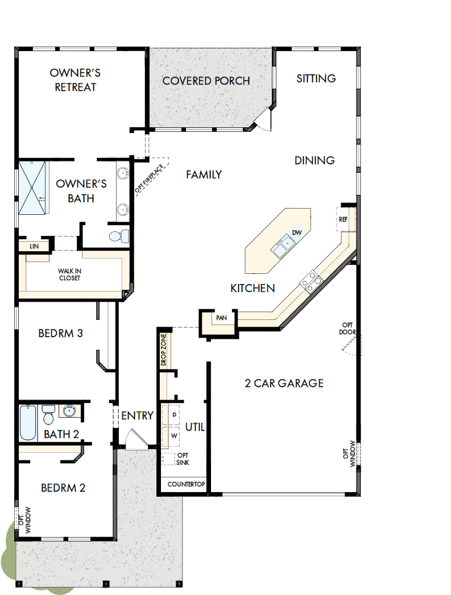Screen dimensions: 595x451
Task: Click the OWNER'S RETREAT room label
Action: [75, 80]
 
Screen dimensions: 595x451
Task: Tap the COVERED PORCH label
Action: [206, 81]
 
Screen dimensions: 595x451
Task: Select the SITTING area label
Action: [316, 78]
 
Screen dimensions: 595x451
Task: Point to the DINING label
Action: [315, 160]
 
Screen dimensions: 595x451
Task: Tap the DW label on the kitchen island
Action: [296, 232]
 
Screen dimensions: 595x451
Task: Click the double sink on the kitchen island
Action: [282, 246]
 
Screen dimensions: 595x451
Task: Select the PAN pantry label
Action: [222, 318]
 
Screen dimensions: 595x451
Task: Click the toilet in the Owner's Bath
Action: [118, 235]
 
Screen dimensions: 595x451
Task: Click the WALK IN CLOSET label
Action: [69, 275]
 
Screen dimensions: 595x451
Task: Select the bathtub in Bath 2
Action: [28, 422]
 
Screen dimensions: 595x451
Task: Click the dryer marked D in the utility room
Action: [173, 414]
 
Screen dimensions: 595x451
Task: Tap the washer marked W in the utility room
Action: [173, 436]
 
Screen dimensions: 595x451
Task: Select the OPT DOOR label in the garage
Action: [347, 328]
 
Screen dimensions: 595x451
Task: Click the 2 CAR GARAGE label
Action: [284, 384]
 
